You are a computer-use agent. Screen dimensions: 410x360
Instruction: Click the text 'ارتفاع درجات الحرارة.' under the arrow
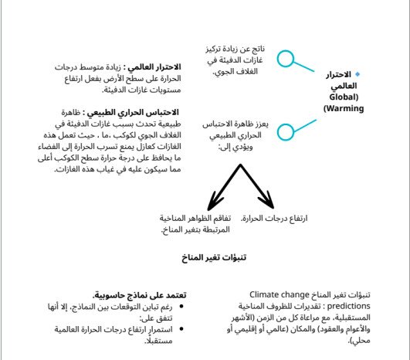click(x=274, y=219)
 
